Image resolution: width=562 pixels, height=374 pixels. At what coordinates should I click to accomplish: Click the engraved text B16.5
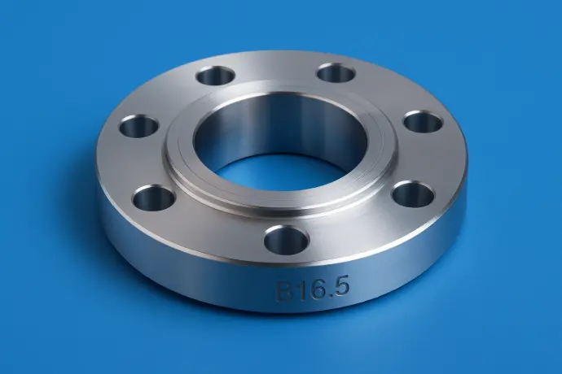(309, 289)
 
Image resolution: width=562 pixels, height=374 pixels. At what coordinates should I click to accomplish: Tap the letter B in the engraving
(284, 291)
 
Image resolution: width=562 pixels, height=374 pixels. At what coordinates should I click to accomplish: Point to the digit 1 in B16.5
(298, 290)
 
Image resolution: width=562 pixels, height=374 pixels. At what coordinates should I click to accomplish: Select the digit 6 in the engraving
(310, 289)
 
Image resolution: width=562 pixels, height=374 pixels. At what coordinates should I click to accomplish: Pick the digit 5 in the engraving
(330, 287)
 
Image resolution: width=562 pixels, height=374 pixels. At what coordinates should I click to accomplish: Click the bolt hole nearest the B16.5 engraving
(286, 240)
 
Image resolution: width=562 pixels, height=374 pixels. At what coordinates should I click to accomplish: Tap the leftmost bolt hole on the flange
(138, 126)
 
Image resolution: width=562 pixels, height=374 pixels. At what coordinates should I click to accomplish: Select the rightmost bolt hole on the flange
(423, 122)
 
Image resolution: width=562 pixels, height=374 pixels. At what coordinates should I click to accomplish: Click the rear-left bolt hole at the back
(215, 76)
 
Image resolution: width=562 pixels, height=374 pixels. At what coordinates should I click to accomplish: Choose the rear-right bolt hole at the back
(336, 73)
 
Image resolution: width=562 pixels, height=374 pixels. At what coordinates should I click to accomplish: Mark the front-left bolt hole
(153, 197)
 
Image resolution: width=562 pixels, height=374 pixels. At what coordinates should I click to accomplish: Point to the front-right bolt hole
(412, 194)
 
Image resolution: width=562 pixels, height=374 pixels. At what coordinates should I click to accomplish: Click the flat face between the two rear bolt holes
(275, 72)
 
